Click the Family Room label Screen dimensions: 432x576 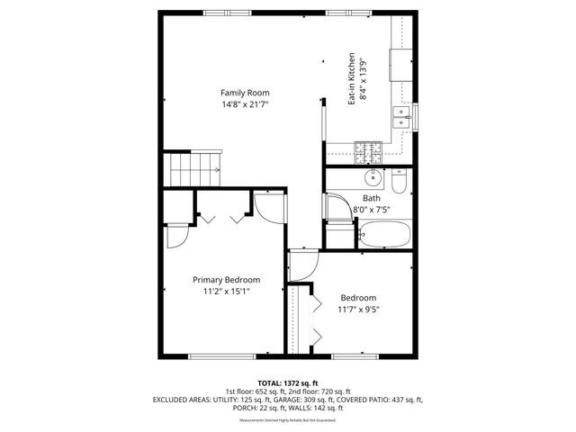246,93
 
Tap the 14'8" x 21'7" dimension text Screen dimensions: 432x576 246,104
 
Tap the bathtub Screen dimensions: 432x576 384,236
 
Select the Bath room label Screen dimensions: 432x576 372,198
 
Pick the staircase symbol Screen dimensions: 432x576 193,168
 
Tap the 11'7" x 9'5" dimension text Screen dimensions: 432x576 358,310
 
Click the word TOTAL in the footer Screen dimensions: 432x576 272,382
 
